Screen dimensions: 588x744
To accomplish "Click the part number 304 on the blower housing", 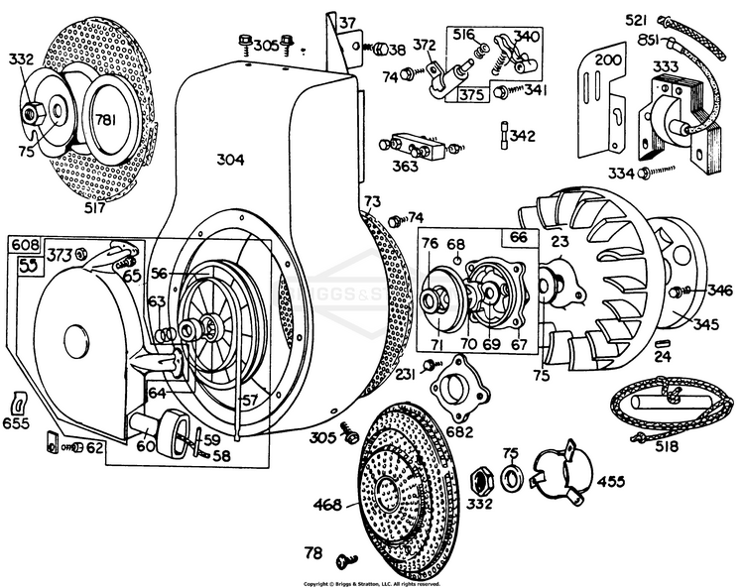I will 230,159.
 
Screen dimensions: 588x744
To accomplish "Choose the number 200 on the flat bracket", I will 603,59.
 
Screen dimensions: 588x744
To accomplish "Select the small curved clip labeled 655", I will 18,404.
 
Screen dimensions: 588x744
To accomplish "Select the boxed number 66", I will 519,238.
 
